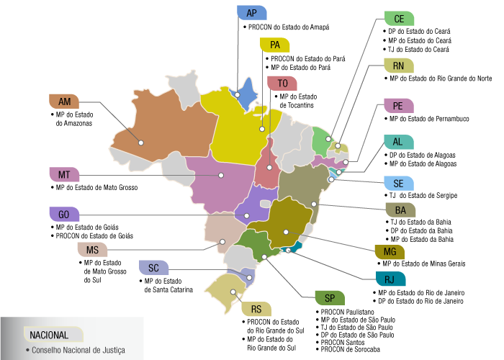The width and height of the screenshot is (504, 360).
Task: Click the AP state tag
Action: [251, 13]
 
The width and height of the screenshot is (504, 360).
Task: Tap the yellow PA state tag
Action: [274, 45]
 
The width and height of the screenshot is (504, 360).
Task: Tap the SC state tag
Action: [153, 268]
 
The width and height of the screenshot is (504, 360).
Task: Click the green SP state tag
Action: [330, 299]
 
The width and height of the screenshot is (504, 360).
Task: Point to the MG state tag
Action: [390, 251]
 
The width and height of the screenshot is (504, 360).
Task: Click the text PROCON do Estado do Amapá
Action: [288, 27]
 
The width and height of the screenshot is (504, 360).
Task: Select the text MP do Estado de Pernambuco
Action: [428, 118]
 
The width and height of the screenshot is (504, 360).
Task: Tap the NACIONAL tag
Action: [50, 335]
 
